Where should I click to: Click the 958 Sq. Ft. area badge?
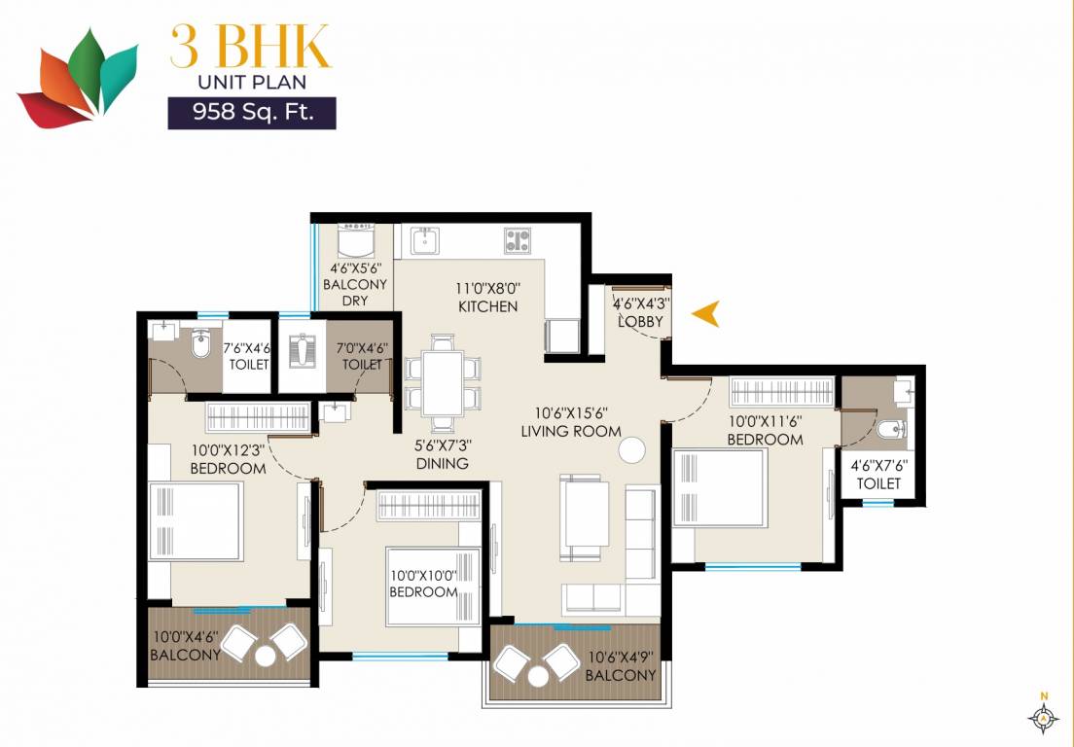pos(252,113)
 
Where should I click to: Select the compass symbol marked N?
pos(1043,717)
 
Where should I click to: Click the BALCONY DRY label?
pos(354,292)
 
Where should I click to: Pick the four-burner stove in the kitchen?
pos(517,240)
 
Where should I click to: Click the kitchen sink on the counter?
pos(426,239)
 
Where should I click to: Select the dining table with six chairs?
pos(443,382)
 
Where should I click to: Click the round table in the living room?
pos(632,450)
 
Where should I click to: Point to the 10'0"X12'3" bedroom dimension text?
pos(228,451)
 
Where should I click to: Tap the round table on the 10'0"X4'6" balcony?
pos(265,657)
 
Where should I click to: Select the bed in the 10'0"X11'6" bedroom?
pos(720,487)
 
